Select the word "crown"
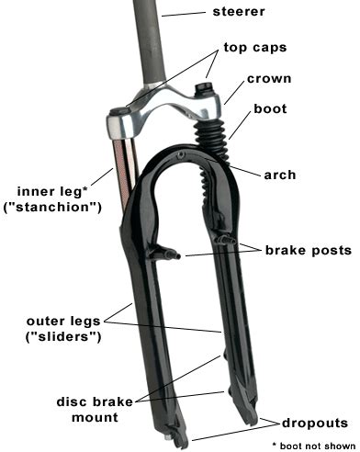pyautogui.click(x=270, y=79)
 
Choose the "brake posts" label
pyautogui.click(x=309, y=250)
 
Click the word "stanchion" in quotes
pyautogui.click(x=54, y=209)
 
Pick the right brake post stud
pyautogui.click(x=222, y=240)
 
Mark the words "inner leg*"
pyautogui.click(x=52, y=192)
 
